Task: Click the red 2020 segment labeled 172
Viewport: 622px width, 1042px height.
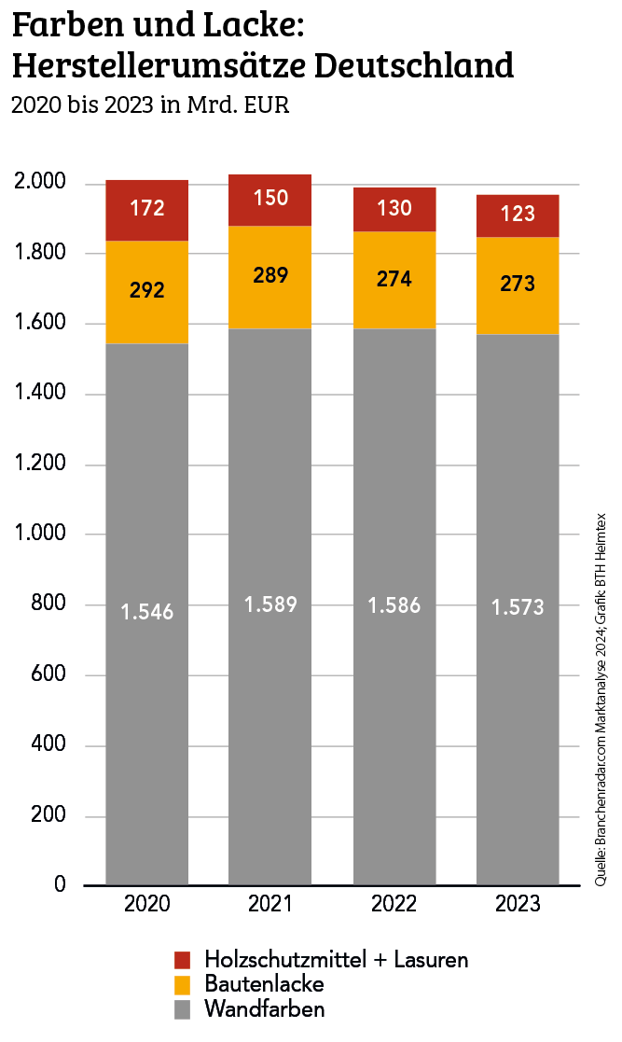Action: click(147, 211)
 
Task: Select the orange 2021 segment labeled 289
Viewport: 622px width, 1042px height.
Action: click(270, 277)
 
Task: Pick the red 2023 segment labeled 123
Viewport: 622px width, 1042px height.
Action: click(518, 215)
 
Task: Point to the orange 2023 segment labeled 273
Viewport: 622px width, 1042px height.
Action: click(518, 284)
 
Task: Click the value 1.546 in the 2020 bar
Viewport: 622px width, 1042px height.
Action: click(147, 612)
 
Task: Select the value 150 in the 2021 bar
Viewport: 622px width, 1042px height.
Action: click(270, 198)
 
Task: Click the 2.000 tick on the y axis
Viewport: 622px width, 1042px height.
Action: click(41, 182)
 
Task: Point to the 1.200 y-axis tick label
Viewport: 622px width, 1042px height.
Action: click(41, 465)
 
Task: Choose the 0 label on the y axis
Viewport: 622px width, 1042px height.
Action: click(60, 884)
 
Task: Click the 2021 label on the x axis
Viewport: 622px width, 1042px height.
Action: click(270, 905)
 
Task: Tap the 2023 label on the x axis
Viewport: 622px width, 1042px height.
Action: click(518, 905)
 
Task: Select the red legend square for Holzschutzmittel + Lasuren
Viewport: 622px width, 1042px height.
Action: click(182, 960)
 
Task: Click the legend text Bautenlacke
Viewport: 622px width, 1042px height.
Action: click(264, 984)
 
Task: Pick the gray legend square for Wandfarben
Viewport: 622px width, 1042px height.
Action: click(182, 1009)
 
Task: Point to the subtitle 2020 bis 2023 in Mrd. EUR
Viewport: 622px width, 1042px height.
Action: click(150, 104)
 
